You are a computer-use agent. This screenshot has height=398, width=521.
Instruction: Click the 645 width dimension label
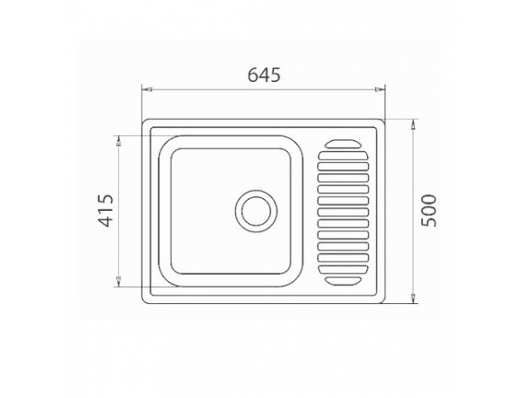[264, 75]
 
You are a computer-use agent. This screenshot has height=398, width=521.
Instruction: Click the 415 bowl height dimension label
[107, 210]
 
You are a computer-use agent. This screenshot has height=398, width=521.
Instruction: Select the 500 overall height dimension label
[428, 210]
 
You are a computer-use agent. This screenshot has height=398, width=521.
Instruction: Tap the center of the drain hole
[256, 211]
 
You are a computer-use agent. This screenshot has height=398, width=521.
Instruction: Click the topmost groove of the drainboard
[342, 143]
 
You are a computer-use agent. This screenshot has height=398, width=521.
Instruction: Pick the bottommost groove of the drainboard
[342, 281]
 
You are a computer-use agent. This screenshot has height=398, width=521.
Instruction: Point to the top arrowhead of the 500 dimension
[413, 124]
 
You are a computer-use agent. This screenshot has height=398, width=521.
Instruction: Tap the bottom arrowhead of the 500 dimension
[413, 298]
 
